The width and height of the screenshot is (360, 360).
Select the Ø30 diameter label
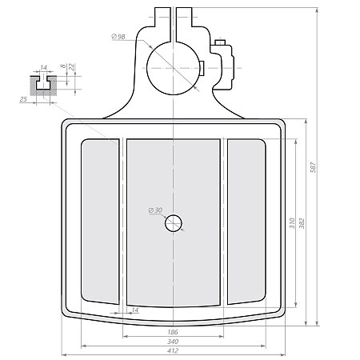[x=155, y=210]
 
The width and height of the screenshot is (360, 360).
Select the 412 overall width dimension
[x=172, y=350]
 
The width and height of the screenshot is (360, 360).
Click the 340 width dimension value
[x=173, y=341]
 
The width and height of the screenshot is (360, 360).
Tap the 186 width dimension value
[x=173, y=330]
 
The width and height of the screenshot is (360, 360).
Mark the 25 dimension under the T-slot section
[x=22, y=99]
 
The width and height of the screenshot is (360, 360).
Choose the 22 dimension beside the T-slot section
[x=72, y=68]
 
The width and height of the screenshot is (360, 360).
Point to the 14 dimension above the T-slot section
[x=43, y=67]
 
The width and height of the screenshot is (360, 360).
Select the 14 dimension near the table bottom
[x=134, y=310]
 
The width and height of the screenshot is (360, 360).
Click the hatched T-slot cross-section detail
[x=43, y=83]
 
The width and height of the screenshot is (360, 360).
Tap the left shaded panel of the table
[x=100, y=221]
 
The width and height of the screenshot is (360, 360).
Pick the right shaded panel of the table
[x=246, y=221]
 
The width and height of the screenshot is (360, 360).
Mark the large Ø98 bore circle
[x=174, y=66]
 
